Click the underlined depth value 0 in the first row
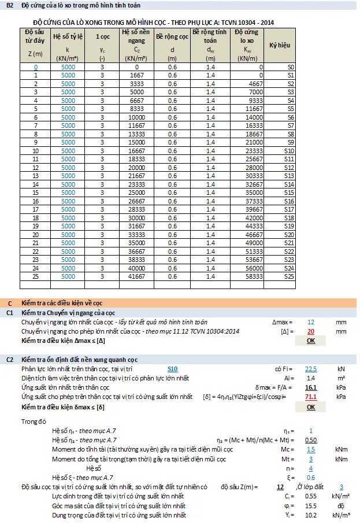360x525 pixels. point(35,67)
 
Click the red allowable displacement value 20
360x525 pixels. point(311,331)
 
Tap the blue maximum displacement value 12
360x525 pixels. point(311,321)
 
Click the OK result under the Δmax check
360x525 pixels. point(311,341)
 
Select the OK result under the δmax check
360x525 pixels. point(311,406)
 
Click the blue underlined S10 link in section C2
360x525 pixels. point(172,368)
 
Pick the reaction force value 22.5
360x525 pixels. point(311,368)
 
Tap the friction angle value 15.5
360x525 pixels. point(311,505)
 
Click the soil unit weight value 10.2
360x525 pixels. point(311,515)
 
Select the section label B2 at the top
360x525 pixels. point(9,5)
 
